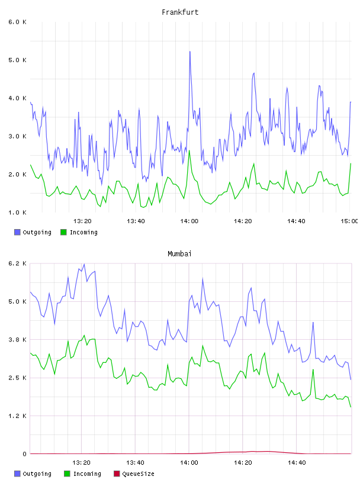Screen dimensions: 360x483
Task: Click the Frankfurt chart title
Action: (x=180, y=12)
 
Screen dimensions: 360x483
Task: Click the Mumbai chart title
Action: (x=179, y=254)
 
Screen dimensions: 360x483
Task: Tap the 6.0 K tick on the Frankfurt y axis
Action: (x=17, y=22)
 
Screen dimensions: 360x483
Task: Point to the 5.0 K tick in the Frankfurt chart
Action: (x=17, y=60)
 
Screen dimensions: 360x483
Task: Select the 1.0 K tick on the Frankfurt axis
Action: (x=17, y=212)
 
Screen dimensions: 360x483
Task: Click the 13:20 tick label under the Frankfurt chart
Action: (x=82, y=221)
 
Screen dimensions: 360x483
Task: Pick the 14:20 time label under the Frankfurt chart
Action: (x=243, y=221)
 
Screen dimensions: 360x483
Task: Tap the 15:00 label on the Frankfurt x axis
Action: (x=349, y=221)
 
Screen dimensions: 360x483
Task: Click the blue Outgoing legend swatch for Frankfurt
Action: (x=17, y=232)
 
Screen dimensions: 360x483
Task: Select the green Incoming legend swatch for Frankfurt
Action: (x=63, y=232)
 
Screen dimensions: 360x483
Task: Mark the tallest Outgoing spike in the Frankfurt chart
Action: (x=190, y=51)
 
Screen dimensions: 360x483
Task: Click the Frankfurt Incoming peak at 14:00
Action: (x=189, y=150)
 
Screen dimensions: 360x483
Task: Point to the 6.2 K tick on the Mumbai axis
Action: (x=17, y=263)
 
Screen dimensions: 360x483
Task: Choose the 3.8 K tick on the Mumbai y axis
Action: (x=17, y=340)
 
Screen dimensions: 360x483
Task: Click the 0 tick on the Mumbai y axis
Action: (x=24, y=454)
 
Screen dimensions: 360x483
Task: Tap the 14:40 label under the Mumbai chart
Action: (x=297, y=463)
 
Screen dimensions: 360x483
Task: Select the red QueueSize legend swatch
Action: (x=117, y=474)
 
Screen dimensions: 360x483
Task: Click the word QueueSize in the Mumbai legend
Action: (x=138, y=474)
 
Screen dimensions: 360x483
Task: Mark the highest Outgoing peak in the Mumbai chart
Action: (x=84, y=264)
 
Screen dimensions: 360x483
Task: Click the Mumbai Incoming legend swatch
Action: (x=67, y=474)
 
